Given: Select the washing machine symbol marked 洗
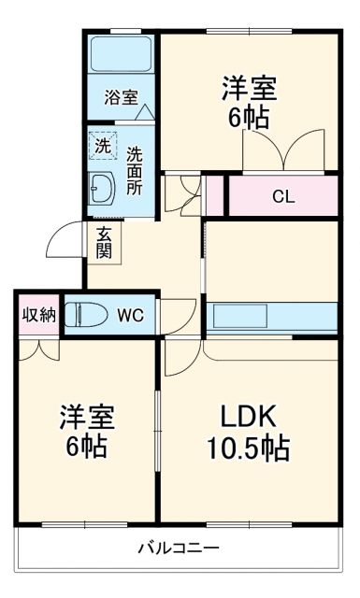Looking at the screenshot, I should click(x=101, y=146).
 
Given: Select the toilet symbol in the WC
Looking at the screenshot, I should click(x=88, y=315).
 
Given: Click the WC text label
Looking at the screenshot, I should click(x=130, y=316).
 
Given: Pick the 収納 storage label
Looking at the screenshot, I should click(x=38, y=315).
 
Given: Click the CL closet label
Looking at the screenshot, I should click(x=281, y=196).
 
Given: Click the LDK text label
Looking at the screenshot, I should click(x=247, y=415).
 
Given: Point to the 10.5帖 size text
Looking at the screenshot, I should click(x=247, y=448).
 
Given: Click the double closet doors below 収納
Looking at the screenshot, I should click(x=38, y=348).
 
